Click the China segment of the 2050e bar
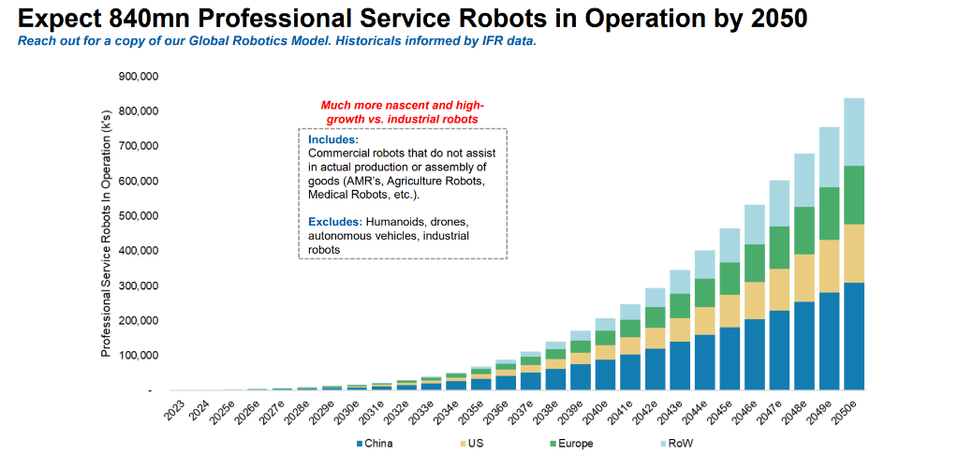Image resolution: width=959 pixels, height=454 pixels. [x=853, y=336]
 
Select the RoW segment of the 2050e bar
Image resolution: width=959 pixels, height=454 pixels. [x=853, y=132]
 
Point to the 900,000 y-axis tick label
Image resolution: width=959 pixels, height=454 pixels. [x=139, y=76]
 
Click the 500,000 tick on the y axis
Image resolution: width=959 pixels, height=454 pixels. [x=139, y=216]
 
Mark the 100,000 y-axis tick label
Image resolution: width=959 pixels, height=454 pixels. [x=139, y=356]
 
